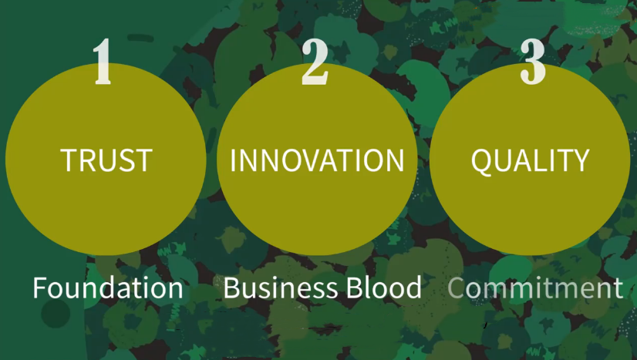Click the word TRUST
point(106,160)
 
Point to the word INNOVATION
point(317,160)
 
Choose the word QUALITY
point(531,160)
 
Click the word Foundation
point(108,288)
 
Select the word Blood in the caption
point(383,288)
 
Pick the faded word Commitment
point(535,288)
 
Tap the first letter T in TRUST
point(69,160)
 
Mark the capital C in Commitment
point(457,288)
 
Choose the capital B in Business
point(232,288)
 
